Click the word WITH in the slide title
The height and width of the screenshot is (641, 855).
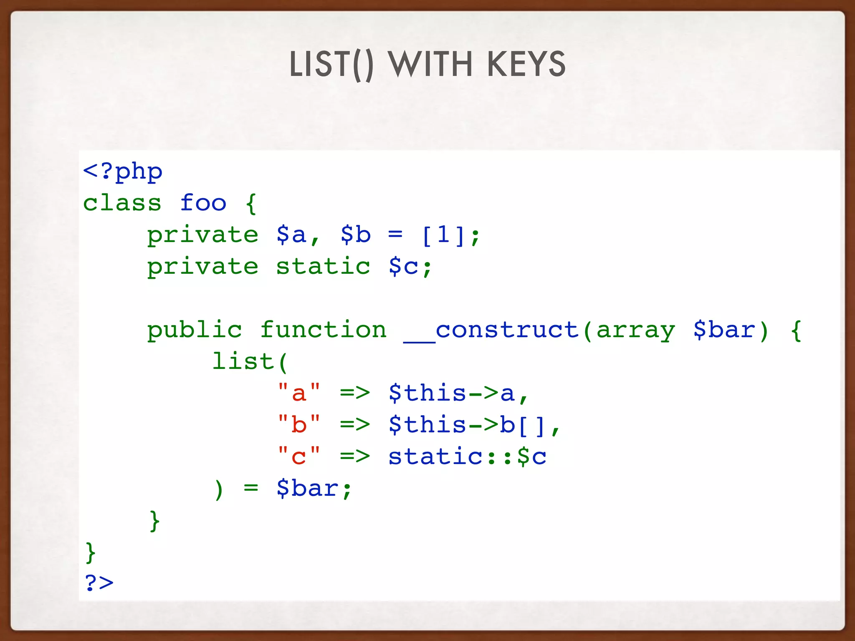[x=430, y=64]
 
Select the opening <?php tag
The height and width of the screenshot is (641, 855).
[x=123, y=172]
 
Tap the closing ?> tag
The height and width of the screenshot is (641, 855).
[x=99, y=583]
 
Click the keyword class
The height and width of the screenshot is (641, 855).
[x=122, y=203]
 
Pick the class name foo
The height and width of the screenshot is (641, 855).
[x=203, y=203]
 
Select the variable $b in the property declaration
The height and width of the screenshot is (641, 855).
[x=355, y=235]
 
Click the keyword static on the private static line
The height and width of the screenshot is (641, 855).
[x=323, y=267]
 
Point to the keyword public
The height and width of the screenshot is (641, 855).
[x=195, y=330]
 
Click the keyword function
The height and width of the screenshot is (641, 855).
[x=324, y=330]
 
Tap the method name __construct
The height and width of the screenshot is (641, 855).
[x=491, y=330]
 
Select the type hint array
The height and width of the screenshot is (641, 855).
[x=635, y=330]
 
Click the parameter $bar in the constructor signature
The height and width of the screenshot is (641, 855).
[x=725, y=330]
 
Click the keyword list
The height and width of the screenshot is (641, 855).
[x=243, y=361]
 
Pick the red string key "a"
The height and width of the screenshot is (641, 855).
[x=299, y=393]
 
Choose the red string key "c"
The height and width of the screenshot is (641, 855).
[x=299, y=457]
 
